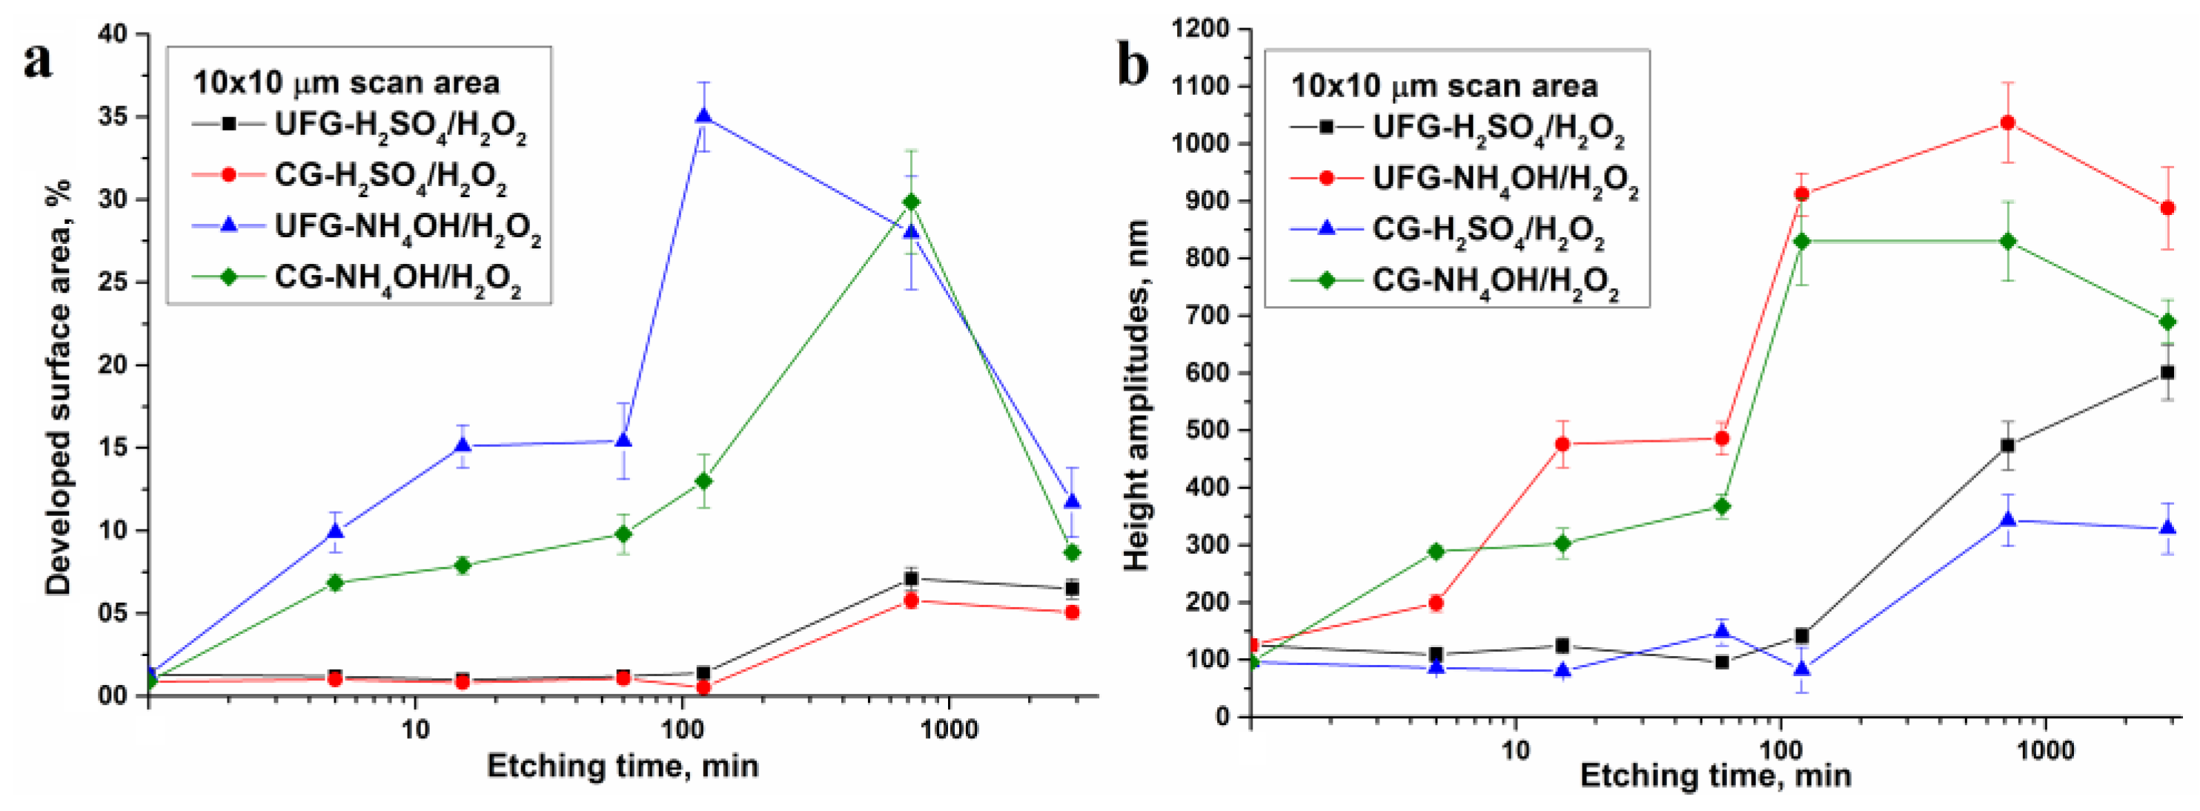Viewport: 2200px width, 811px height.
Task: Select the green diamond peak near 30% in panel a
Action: pos(911,202)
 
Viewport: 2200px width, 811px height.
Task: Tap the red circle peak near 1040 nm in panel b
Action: pos(2008,123)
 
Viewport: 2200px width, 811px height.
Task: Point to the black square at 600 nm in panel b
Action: pos(2167,373)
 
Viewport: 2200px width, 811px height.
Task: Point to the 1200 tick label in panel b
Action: pos(1200,29)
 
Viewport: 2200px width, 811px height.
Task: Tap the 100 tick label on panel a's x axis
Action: pos(681,730)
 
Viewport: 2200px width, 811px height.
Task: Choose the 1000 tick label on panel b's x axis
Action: pos(2044,750)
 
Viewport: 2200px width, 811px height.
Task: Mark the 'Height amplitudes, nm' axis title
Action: pos(1137,394)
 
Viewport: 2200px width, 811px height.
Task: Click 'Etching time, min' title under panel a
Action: pos(623,766)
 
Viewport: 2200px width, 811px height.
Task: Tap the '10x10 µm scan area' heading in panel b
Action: pos(1443,86)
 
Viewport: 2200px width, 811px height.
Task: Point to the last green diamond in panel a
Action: pos(1073,553)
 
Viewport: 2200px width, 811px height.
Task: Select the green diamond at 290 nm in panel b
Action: pos(1436,552)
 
